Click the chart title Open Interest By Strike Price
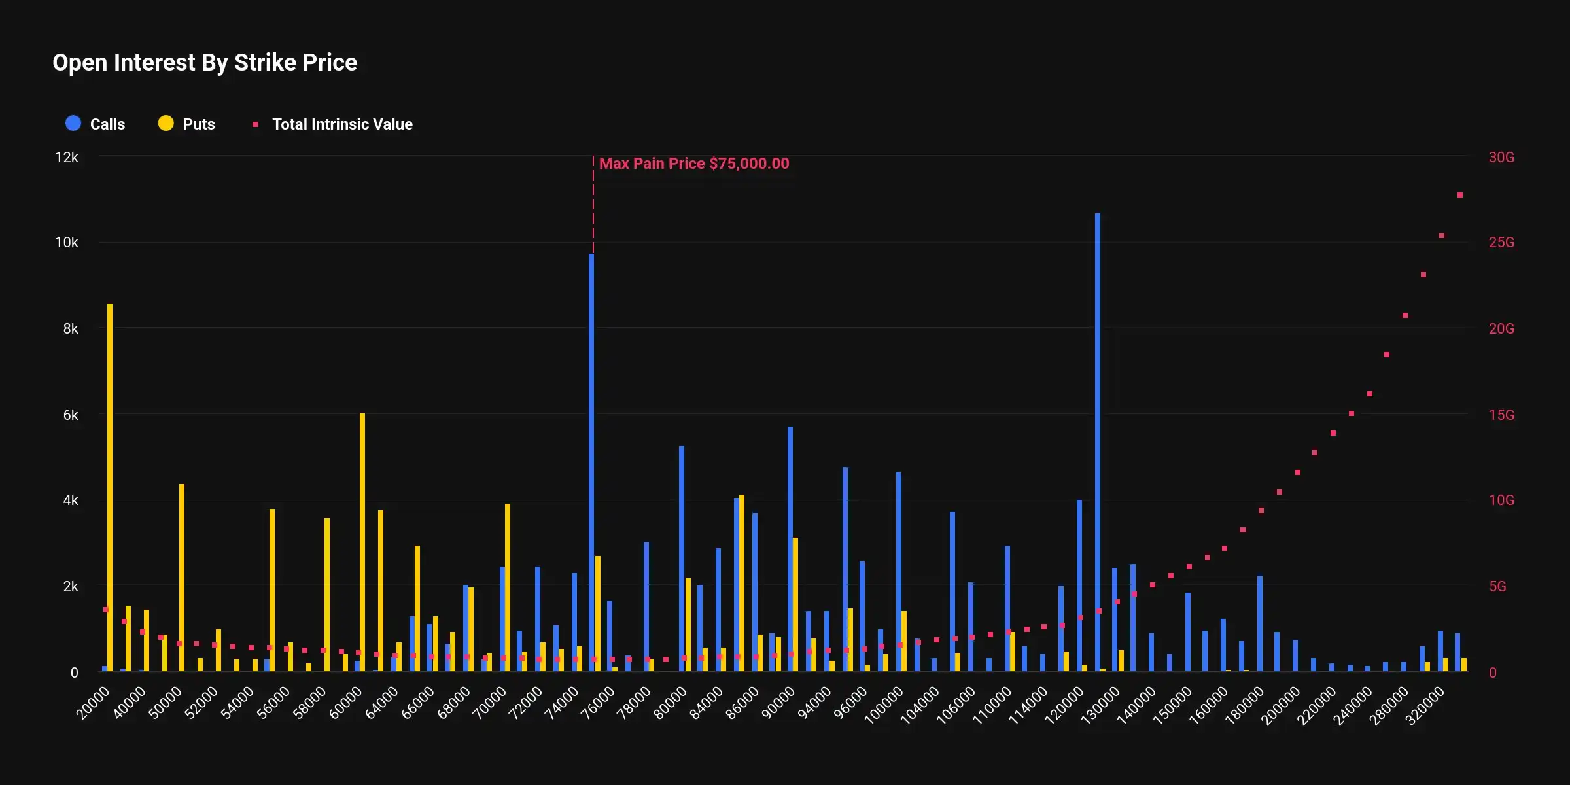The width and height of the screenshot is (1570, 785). (x=205, y=63)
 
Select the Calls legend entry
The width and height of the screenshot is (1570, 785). (x=96, y=124)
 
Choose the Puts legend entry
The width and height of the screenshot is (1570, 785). (x=187, y=124)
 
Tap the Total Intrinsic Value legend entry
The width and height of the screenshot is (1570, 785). (x=334, y=124)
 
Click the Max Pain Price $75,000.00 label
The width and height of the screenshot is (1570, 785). (x=694, y=164)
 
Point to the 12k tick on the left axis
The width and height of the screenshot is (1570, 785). (x=67, y=158)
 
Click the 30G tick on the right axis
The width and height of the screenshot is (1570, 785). (x=1501, y=158)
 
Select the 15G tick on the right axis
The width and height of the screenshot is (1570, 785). (x=1501, y=415)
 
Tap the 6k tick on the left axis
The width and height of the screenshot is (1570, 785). (x=71, y=415)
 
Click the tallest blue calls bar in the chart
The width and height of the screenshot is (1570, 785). (x=1098, y=445)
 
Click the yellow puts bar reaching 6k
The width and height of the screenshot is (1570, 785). (x=362, y=543)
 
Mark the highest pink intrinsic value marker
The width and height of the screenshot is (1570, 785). (x=1460, y=195)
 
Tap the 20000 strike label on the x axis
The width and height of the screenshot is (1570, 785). (x=93, y=703)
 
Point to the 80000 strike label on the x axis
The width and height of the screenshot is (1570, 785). (x=671, y=703)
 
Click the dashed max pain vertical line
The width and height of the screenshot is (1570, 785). (x=593, y=209)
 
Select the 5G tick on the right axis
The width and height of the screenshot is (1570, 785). (x=1497, y=586)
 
